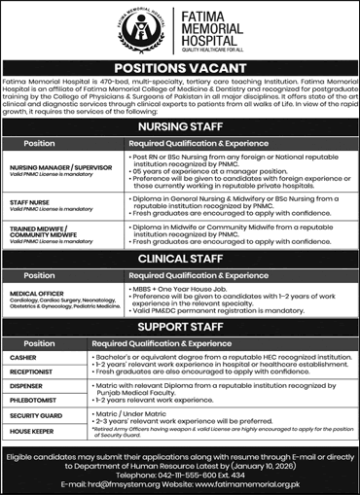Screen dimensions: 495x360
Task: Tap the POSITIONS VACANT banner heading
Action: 180,67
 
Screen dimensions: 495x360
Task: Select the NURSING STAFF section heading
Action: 180,124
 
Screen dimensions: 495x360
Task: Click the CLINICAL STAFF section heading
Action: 180,260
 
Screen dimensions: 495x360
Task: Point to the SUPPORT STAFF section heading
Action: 180,328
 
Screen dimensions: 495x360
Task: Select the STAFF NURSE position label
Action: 33,202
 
